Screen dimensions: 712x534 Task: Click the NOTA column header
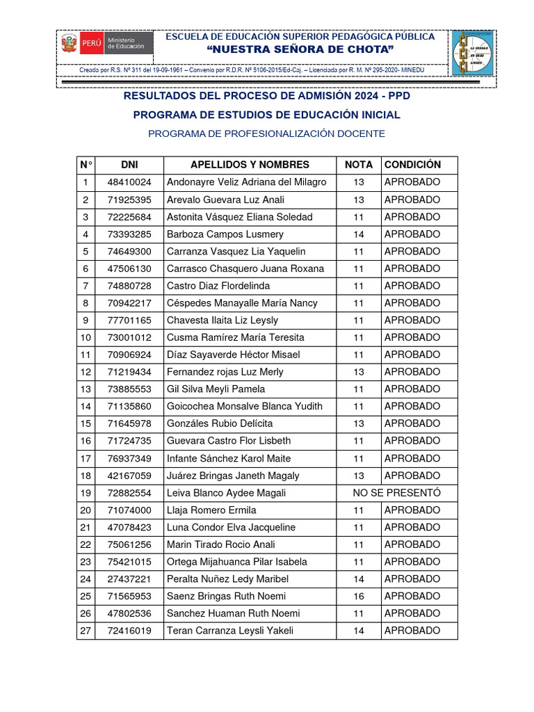pos(358,165)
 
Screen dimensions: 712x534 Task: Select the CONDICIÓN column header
pos(412,165)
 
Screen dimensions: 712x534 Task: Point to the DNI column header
pos(129,165)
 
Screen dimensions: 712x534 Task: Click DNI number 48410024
pos(129,182)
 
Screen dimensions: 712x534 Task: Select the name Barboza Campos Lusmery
pos(225,234)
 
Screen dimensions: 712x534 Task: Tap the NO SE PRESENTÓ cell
pos(396,493)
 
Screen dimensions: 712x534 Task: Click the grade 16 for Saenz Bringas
pos(358,596)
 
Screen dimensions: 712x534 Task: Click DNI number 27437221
pos(129,578)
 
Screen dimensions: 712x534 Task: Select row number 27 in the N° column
pos(86,631)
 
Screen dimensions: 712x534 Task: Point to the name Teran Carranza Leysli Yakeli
pos(230,631)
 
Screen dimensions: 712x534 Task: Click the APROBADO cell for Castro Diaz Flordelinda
pos(412,286)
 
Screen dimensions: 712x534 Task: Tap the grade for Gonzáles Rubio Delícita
pos(358,423)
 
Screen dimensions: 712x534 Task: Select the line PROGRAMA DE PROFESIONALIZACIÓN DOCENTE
pos(266,133)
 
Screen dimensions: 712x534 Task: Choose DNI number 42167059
pos(129,476)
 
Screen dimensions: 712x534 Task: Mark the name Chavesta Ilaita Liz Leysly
pos(222,321)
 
